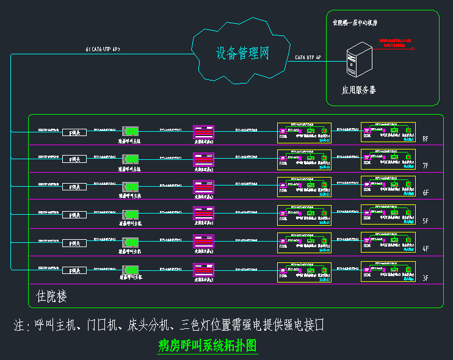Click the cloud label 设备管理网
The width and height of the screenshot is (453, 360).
242,54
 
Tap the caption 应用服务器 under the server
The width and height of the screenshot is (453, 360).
359,90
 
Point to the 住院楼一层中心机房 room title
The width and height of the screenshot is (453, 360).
355,23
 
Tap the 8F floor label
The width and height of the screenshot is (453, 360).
426,139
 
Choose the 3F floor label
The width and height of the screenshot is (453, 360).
426,278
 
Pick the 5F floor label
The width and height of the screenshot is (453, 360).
426,222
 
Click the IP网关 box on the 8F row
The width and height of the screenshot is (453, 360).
75,131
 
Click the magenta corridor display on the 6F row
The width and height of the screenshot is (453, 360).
203,186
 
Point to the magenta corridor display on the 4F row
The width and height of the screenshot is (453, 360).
203,242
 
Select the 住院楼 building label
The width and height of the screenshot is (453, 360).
52,297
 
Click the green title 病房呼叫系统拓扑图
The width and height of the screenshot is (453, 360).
208,346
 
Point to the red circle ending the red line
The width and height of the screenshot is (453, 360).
413,49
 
